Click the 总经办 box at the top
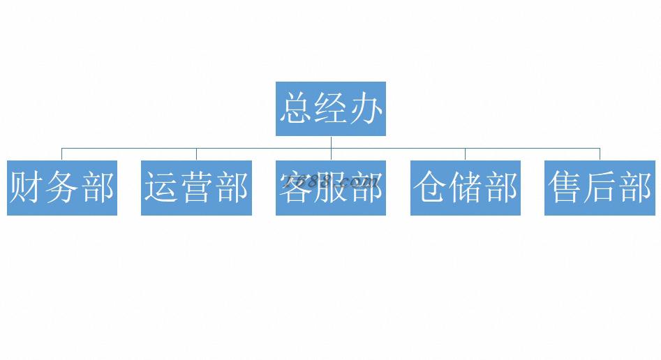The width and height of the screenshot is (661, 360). click(331, 109)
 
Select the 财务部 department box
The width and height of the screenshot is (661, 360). click(62, 188)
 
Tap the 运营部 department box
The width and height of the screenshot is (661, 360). click(196, 188)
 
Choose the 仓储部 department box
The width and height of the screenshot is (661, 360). click(465, 188)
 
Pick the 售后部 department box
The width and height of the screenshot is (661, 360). click(600, 188)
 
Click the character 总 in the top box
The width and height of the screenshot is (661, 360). click(296, 110)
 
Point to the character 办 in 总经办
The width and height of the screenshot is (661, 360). click(366, 110)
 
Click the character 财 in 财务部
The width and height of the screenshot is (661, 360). click(27, 188)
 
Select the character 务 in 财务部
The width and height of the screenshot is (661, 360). click(62, 188)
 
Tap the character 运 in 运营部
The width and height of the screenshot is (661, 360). click(161, 188)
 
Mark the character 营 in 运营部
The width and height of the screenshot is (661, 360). click(196, 188)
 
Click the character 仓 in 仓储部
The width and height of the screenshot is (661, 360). click(430, 188)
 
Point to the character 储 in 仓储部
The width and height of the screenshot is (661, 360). click(465, 188)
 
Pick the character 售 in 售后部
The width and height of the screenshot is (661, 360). click(565, 188)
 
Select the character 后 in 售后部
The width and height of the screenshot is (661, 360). click(600, 188)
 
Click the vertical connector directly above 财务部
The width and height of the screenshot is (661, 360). click(61, 154)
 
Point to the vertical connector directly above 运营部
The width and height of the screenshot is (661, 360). click(196, 154)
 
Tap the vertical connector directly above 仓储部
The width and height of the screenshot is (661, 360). click(465, 154)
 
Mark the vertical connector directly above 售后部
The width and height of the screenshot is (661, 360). click(600, 154)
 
